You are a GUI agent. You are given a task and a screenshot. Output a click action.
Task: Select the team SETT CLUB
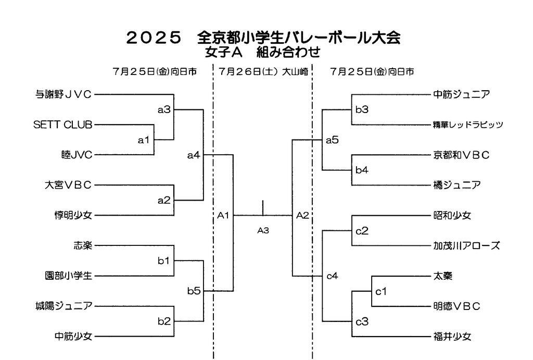62,125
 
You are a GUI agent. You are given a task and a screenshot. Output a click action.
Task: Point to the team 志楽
83,245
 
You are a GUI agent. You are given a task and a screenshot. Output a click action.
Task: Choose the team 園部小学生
68,276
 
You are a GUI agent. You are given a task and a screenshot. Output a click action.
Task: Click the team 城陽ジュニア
63,306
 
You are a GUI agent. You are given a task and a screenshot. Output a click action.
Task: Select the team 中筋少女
73,336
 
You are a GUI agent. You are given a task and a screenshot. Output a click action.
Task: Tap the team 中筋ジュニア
461,94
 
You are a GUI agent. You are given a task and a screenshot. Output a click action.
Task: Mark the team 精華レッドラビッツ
467,125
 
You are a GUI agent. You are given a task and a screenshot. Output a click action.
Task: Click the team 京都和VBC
461,155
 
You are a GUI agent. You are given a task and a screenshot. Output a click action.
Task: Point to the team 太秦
442,276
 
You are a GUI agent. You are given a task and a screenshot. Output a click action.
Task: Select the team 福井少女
452,336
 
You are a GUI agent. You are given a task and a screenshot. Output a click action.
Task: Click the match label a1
143,140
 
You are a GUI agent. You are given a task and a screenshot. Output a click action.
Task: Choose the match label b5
194,291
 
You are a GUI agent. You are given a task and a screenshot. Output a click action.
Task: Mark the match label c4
332,276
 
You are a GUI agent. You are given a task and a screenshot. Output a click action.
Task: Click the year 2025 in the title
154,38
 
